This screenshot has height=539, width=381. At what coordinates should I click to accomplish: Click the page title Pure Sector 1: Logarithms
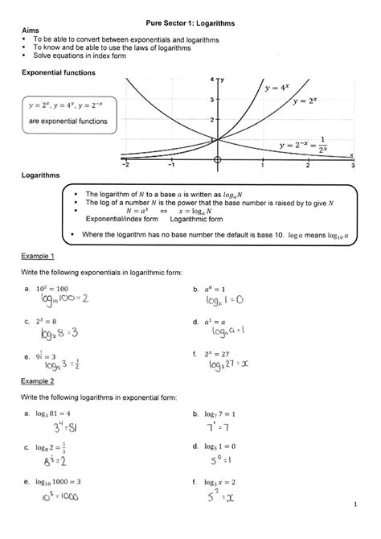point(190,25)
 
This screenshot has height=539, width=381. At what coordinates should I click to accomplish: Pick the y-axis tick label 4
point(212,80)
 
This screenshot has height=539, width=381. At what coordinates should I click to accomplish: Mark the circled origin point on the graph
point(217,158)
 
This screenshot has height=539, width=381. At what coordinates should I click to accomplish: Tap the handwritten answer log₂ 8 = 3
point(51,332)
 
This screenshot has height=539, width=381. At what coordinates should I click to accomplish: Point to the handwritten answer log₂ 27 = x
point(231,365)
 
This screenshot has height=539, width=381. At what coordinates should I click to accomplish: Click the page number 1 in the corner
point(354,504)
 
